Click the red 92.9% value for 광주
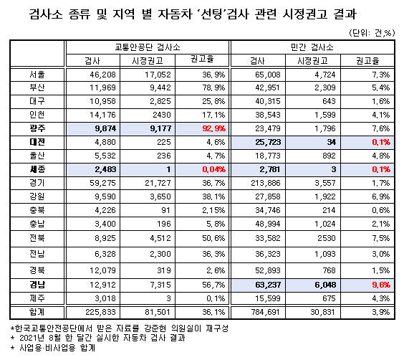pos(213,128)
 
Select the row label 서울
pos(37,75)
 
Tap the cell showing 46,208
pos(102,75)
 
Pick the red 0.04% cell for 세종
pos(213,169)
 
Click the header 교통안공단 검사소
pos(148,47)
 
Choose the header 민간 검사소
pos(312,47)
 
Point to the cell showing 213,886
pos(266,183)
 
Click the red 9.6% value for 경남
pos(381,285)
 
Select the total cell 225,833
pos(101,312)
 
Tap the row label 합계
pos(37,312)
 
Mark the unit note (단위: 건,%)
pos(372,33)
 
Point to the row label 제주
pos(37,298)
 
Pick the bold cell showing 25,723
pos(268,142)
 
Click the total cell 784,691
pos(266,312)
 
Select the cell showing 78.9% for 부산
pos(213,87)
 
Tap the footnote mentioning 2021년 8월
pos(98,338)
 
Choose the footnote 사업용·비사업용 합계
pos(53,348)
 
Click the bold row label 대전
pos(37,142)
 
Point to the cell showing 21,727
pos(158,183)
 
